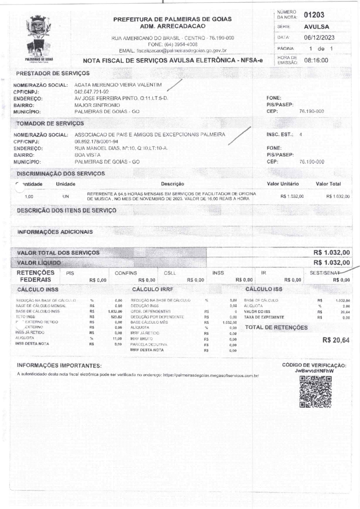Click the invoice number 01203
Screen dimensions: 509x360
pyautogui.click(x=314, y=15)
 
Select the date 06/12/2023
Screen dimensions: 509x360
pyautogui.click(x=319, y=37)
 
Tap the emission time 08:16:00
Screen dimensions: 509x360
pyautogui.click(x=316, y=60)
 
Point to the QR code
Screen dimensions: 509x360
pyautogui.click(x=315, y=392)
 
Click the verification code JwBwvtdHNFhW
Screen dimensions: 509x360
pyautogui.click(x=314, y=371)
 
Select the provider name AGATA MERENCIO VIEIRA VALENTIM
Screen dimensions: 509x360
pyautogui.click(x=118, y=85)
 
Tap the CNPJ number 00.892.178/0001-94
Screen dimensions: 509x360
pyautogui.click(x=96, y=142)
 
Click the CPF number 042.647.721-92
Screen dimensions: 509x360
pyautogui.click(x=91, y=92)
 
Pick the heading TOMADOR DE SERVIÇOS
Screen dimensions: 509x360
pyautogui.click(x=50, y=124)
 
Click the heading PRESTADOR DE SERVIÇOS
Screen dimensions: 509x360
pyautogui.click(x=53, y=73)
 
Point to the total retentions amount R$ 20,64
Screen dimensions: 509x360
pyautogui.click(x=336, y=340)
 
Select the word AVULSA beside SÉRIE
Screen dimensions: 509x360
pyautogui.click(x=316, y=27)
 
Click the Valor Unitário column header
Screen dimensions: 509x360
pyautogui.click(x=282, y=184)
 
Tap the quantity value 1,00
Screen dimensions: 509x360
pyautogui.click(x=29, y=197)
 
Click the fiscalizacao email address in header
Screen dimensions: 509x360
pyautogui.click(x=181, y=51)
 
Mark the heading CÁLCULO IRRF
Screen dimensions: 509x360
pyautogui.click(x=152, y=289)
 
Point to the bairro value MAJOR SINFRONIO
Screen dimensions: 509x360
pyautogui.click(x=97, y=105)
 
